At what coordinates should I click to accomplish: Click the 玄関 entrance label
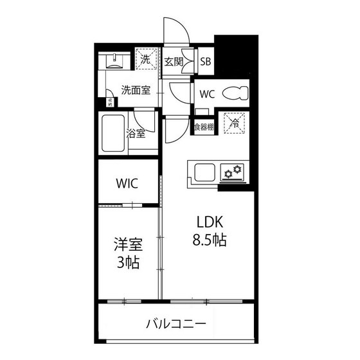pyautogui.click(x=174, y=62)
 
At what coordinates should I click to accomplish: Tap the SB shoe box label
pyautogui.click(x=206, y=62)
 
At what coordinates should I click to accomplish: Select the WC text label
pyautogui.click(x=206, y=94)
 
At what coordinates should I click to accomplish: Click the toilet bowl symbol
pyautogui.click(x=235, y=93)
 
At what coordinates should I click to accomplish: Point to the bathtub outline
pyautogui.click(x=113, y=133)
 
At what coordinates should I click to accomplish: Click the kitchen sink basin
pyautogui.click(x=205, y=172)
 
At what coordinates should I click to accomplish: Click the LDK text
pyautogui.click(x=210, y=222)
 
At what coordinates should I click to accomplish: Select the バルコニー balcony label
pyautogui.click(x=175, y=323)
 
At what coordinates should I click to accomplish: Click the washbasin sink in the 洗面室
pyautogui.click(x=114, y=62)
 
